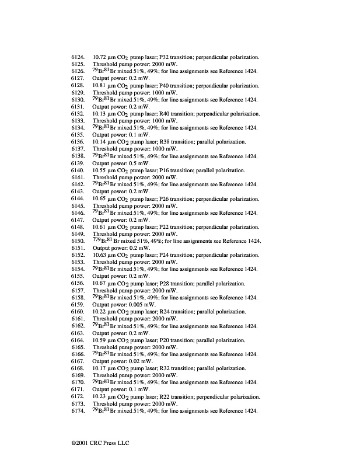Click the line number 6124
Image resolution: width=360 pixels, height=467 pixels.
click(x=78, y=57)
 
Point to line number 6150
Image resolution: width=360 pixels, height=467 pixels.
click(x=78, y=241)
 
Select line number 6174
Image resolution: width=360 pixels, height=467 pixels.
click(x=78, y=411)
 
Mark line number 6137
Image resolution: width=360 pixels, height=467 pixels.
click(x=78, y=149)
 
